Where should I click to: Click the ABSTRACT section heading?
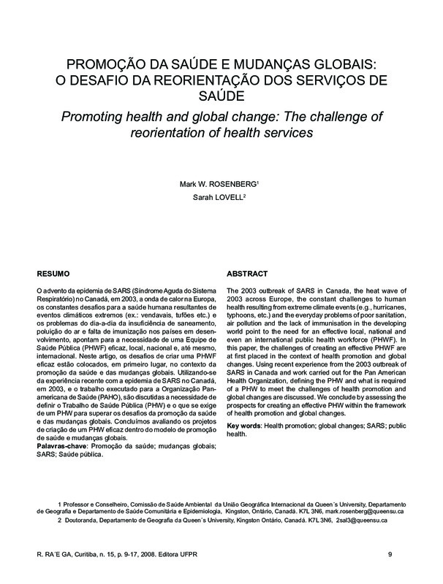249,273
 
